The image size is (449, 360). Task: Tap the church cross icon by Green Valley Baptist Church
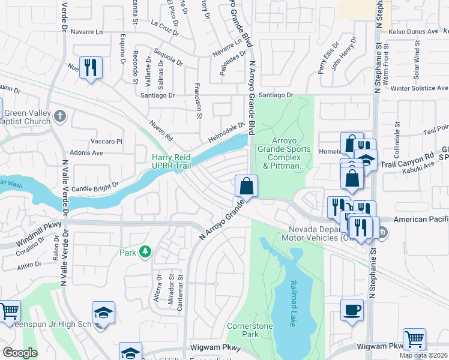click(x=59, y=115)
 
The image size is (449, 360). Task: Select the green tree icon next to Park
click(x=145, y=252)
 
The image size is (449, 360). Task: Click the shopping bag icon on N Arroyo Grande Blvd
click(x=246, y=185)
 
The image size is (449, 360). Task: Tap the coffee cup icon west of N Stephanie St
click(x=352, y=310)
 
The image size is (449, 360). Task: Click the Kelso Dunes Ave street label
click(x=414, y=31)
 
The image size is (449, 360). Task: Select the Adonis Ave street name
click(x=86, y=153)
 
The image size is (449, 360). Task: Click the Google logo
click(x=20, y=353)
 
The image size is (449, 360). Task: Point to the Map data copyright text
click(x=423, y=355)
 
